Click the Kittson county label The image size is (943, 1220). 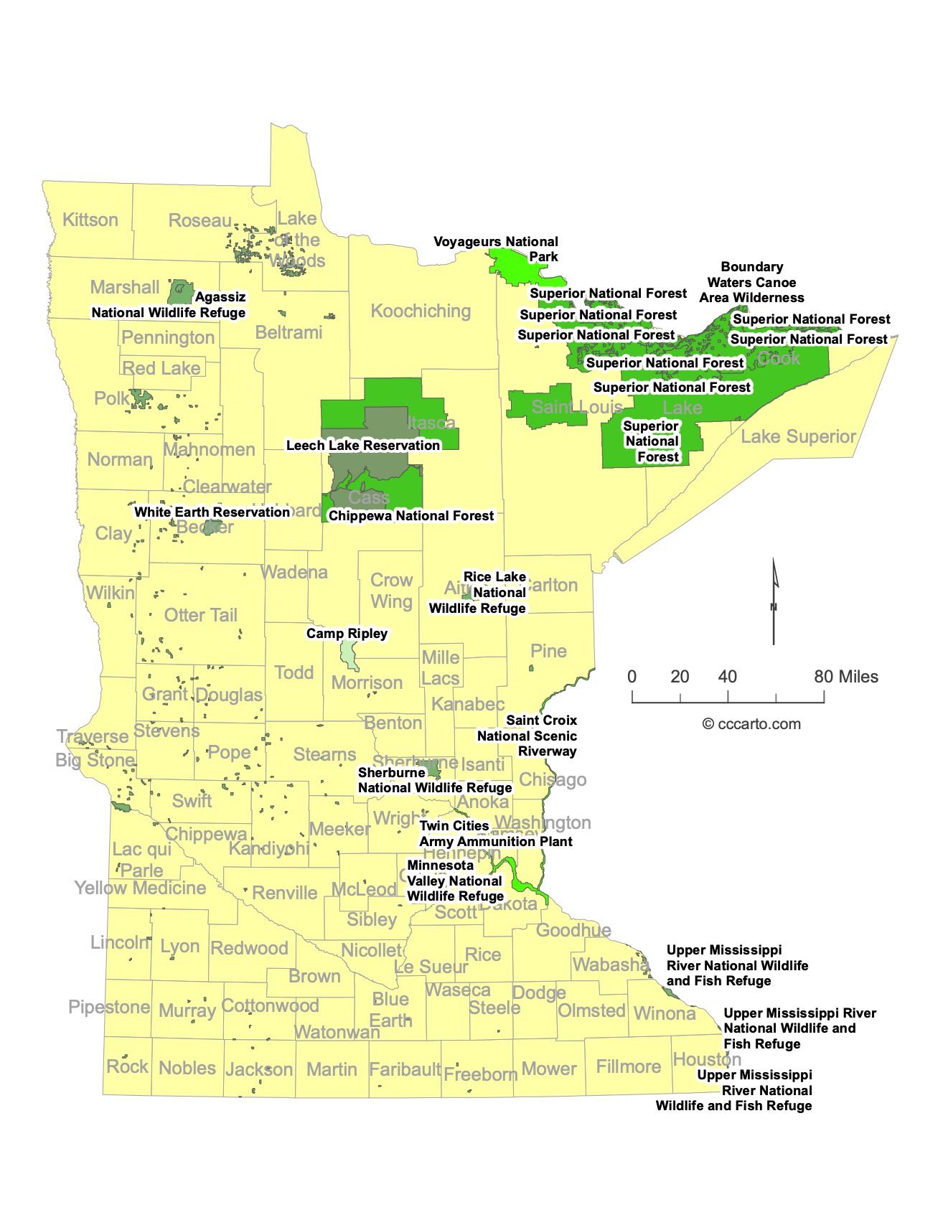(x=90, y=220)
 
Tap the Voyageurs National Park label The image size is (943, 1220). (x=496, y=249)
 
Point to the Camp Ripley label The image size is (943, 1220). (x=347, y=633)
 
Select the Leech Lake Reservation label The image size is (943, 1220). (x=363, y=445)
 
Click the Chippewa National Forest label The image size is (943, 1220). (x=411, y=515)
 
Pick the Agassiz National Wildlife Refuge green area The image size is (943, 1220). (x=179, y=292)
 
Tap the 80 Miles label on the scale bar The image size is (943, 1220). (x=845, y=676)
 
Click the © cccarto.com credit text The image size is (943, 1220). (x=751, y=723)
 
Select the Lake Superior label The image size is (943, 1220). (x=798, y=436)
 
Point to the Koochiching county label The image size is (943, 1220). (x=421, y=311)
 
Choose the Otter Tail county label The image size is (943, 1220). (x=200, y=615)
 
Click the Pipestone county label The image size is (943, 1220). (x=109, y=1007)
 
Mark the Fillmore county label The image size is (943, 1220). (x=629, y=1066)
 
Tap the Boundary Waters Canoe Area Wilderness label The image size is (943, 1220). (x=752, y=282)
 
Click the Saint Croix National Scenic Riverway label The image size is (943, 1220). (x=527, y=736)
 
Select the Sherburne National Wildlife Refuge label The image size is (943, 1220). (x=435, y=780)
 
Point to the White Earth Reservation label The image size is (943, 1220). (x=212, y=512)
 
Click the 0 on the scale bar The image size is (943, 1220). (x=632, y=676)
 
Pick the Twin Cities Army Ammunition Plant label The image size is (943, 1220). (x=496, y=833)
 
